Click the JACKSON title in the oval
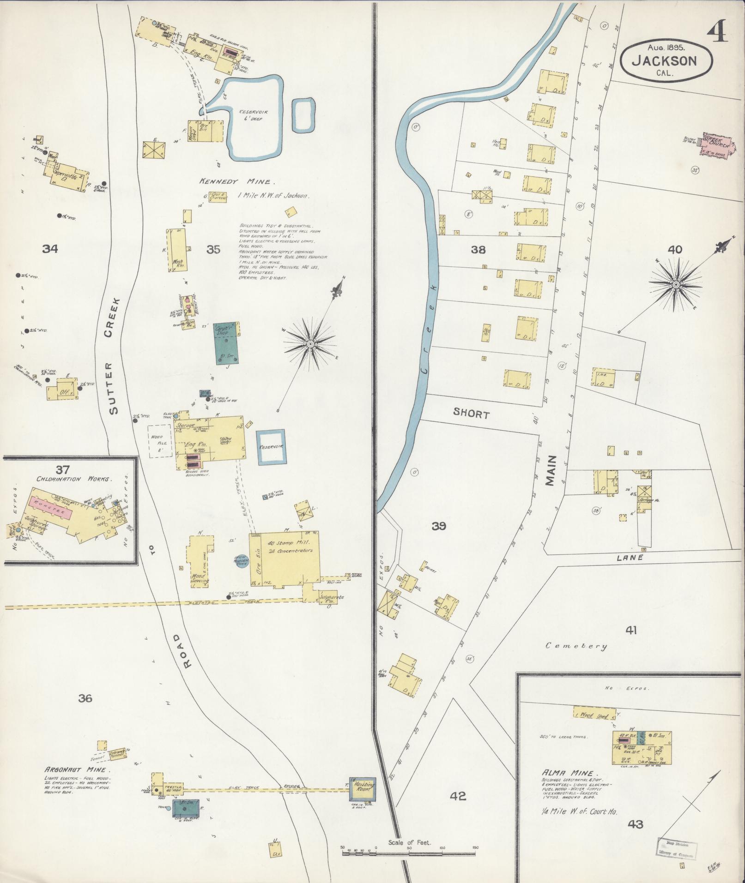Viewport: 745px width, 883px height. [664, 60]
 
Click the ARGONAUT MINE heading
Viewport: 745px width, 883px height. [77, 770]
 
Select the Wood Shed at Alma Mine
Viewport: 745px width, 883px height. [594, 715]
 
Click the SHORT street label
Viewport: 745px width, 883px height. [471, 414]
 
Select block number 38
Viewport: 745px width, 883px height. [478, 250]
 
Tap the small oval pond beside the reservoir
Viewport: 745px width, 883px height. [303, 114]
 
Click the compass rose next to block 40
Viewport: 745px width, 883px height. [676, 285]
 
